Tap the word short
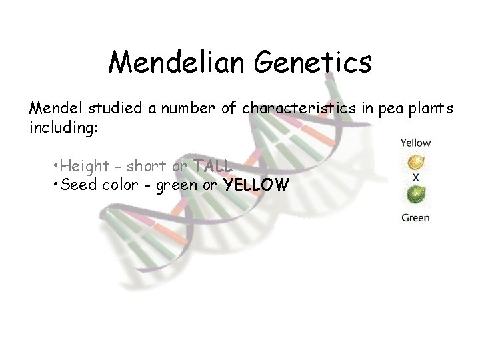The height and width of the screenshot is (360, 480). click(146, 165)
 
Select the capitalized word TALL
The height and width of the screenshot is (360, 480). click(212, 165)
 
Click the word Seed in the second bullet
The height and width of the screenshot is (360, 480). click(78, 185)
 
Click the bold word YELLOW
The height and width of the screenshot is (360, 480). click(257, 185)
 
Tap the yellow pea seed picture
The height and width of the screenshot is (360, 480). click(415, 161)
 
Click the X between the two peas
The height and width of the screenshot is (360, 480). click(415, 178)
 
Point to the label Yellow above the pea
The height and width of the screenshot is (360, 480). click(415, 142)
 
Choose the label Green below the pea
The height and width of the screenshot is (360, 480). click(415, 218)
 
